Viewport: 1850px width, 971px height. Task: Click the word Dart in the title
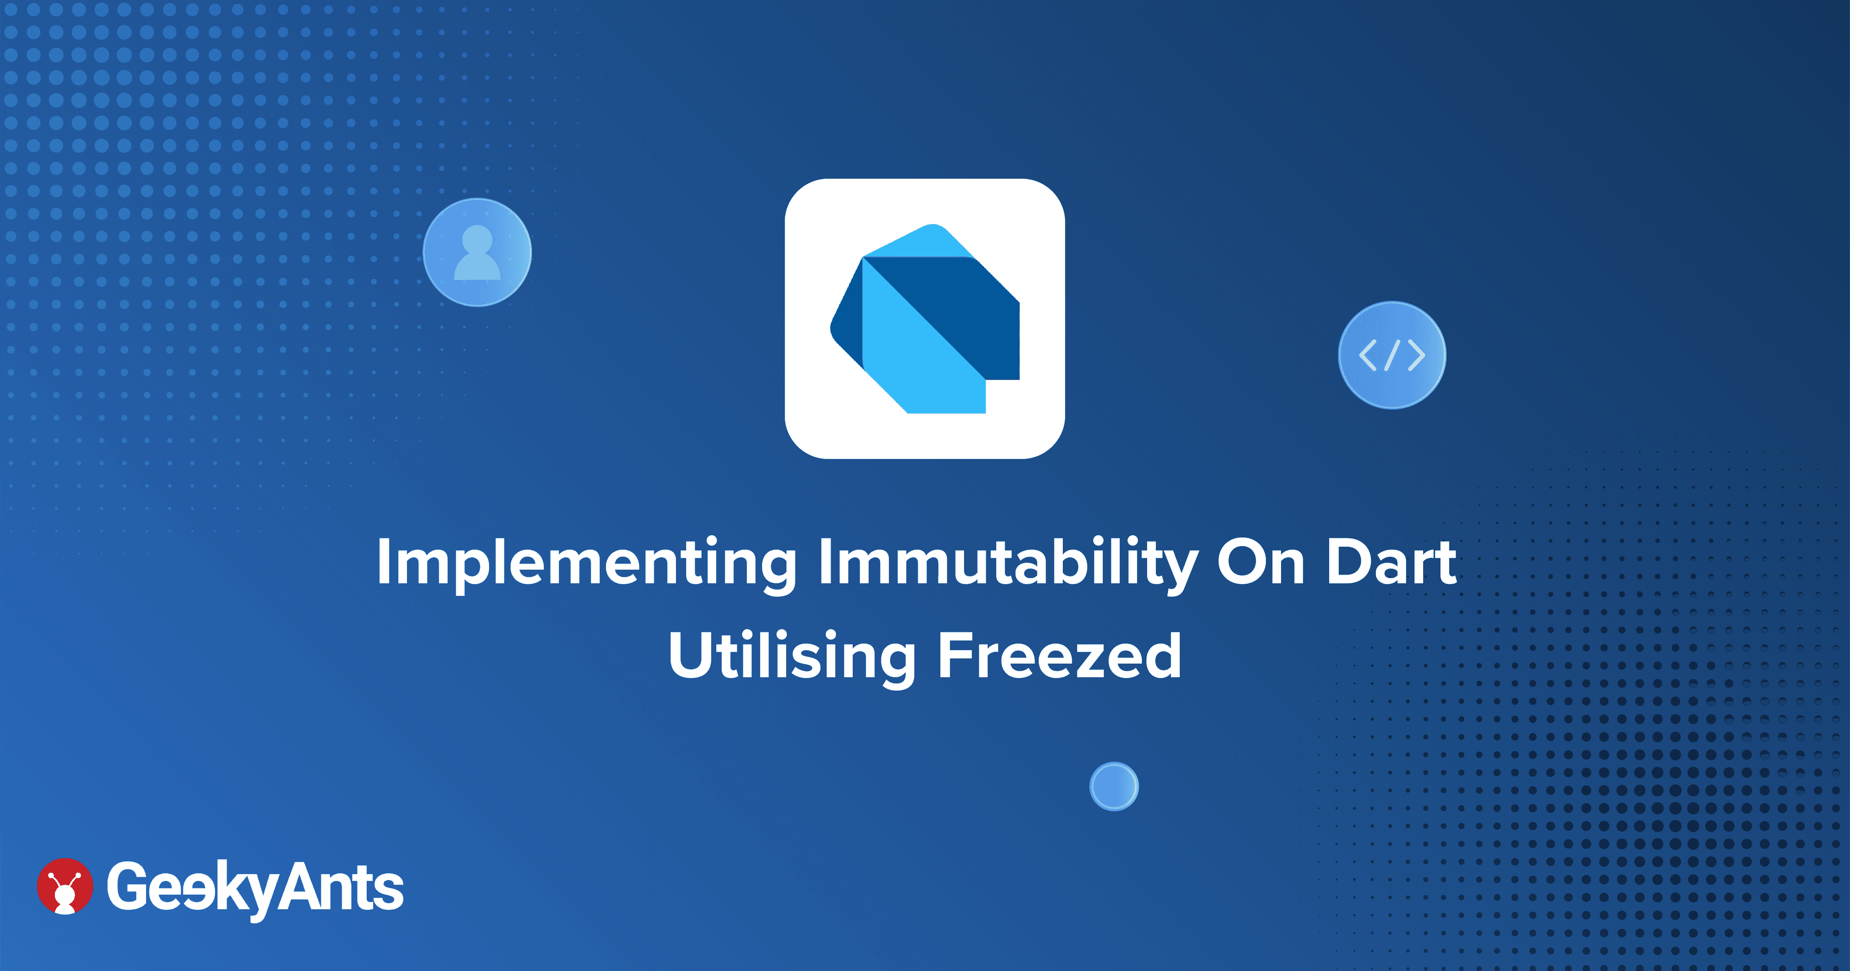[1391, 563]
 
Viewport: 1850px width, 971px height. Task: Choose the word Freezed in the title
[1059, 655]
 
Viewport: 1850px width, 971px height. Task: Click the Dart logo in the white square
[925, 319]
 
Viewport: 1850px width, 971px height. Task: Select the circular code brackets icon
[1392, 355]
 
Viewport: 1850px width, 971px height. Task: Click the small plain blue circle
[1114, 787]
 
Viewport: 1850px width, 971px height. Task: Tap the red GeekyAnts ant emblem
[65, 886]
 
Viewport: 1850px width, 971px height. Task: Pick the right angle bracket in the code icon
[1417, 355]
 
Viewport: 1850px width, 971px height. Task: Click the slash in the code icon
[1392, 355]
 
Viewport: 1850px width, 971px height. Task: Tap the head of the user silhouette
[477, 240]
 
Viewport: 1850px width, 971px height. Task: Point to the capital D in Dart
[1350, 563]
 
